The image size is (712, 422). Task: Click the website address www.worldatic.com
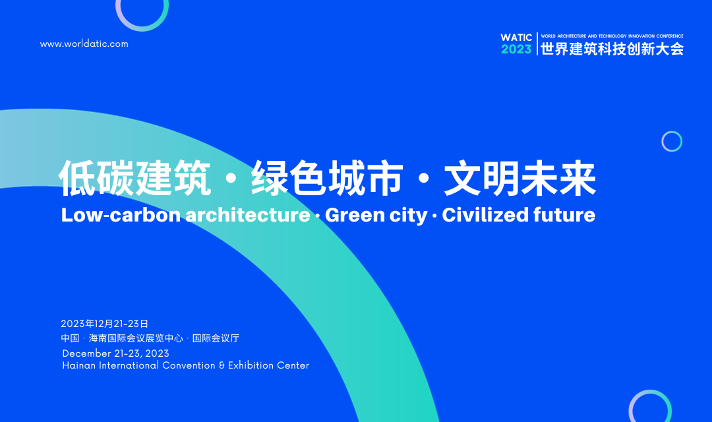click(84, 44)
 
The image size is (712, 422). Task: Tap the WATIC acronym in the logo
click(516, 38)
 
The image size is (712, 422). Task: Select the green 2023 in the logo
click(516, 49)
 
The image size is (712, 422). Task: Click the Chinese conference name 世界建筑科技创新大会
click(612, 49)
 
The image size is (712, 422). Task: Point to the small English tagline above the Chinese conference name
click(612, 36)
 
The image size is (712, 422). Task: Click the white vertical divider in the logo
click(537, 44)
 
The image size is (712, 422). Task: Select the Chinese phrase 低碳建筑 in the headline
click(135, 178)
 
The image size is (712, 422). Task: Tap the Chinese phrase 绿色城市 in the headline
click(327, 178)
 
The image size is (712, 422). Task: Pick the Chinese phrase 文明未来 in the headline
click(520, 178)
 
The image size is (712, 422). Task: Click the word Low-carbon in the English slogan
click(121, 215)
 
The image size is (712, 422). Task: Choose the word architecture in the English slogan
click(248, 215)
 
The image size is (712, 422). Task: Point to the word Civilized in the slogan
click(485, 215)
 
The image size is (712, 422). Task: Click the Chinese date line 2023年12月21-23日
click(105, 324)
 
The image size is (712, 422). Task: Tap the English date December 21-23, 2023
click(116, 353)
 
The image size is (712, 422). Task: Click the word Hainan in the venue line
click(79, 365)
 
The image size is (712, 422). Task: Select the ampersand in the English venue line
click(222, 365)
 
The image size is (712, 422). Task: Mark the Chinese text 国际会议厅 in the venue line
click(216, 338)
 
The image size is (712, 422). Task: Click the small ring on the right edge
click(672, 132)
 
